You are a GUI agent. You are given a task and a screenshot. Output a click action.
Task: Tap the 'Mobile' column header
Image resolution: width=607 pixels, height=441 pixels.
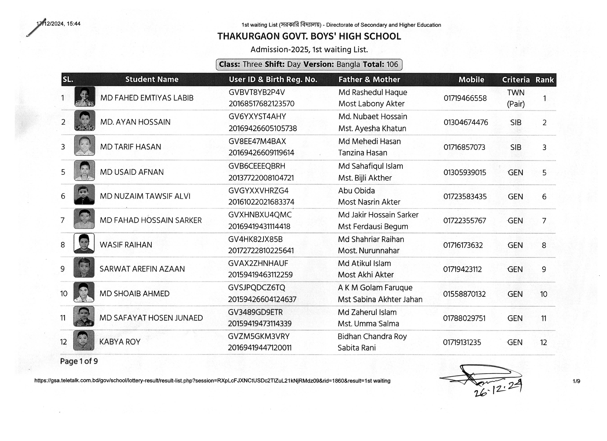(471, 80)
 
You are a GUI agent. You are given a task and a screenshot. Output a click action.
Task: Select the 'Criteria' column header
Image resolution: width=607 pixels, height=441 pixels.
(516, 80)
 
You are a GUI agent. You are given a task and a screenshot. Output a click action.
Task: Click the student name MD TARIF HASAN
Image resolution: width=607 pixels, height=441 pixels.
(130, 147)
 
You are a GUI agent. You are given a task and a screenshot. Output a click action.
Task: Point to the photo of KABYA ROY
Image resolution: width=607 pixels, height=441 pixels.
(84, 340)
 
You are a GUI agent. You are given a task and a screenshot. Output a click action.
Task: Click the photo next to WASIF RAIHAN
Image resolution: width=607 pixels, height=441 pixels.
(84, 243)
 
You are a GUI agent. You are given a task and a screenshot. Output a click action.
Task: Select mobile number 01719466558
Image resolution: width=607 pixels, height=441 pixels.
(465, 98)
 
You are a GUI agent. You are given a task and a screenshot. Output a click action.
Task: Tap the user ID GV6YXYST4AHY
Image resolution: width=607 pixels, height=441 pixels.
(257, 116)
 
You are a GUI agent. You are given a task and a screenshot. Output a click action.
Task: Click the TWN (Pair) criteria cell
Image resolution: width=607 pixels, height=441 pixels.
(516, 98)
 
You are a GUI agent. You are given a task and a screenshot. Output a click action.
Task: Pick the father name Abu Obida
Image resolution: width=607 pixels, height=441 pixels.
(356, 191)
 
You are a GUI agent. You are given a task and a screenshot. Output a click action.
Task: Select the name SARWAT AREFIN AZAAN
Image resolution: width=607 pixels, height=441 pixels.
(142, 269)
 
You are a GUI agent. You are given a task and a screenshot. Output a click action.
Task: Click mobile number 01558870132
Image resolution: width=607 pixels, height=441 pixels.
(464, 294)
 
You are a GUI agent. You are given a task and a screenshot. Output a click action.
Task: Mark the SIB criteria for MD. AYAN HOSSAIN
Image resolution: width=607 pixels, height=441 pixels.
(516, 123)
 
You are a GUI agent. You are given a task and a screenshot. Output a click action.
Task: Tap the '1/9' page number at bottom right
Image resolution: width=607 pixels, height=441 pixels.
(576, 381)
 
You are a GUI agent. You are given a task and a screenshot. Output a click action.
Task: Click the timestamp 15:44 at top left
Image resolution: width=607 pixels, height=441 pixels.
(74, 24)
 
